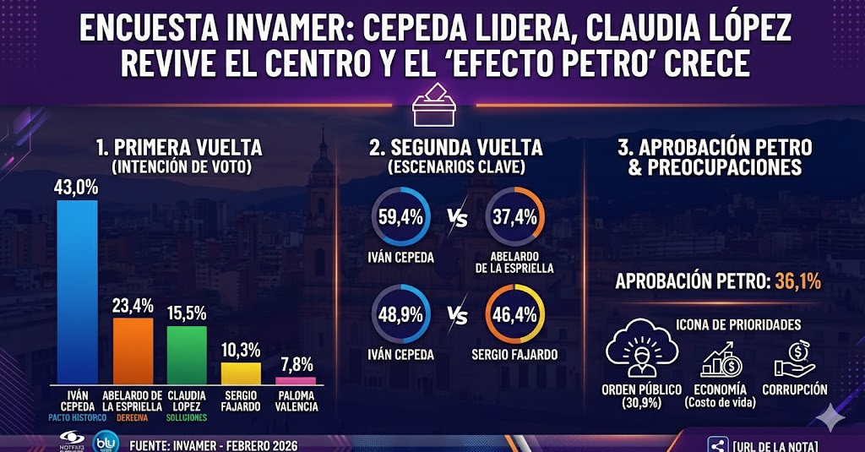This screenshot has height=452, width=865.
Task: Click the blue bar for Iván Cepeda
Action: click(77, 291)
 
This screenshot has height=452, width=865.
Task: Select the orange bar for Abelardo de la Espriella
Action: click(133, 350)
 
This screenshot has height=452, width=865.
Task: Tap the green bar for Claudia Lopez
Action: click(187, 354)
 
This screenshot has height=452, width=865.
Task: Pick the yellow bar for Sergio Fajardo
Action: click(241, 373)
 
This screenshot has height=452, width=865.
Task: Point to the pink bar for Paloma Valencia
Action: click(295, 380)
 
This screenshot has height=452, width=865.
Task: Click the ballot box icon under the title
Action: click(432, 106)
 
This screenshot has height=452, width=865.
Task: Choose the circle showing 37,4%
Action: click(515, 217)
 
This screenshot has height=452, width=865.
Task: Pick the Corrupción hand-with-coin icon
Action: click(794, 360)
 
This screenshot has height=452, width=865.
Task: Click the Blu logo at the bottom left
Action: click(105, 442)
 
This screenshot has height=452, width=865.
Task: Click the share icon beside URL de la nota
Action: click(718, 444)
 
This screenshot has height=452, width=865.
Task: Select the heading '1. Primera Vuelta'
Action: click(179, 148)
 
